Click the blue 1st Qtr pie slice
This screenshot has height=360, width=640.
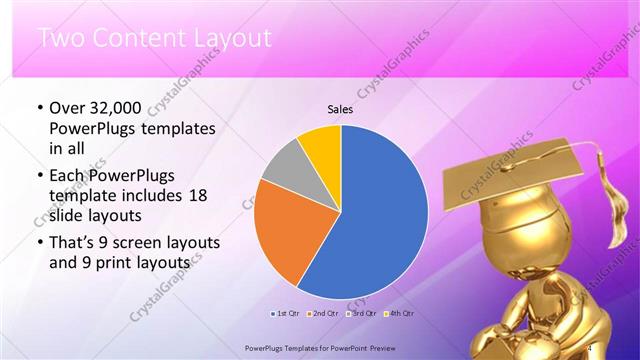[x=375, y=215]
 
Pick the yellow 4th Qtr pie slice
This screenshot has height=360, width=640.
[x=322, y=146]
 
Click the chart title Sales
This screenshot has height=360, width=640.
[x=341, y=110]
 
